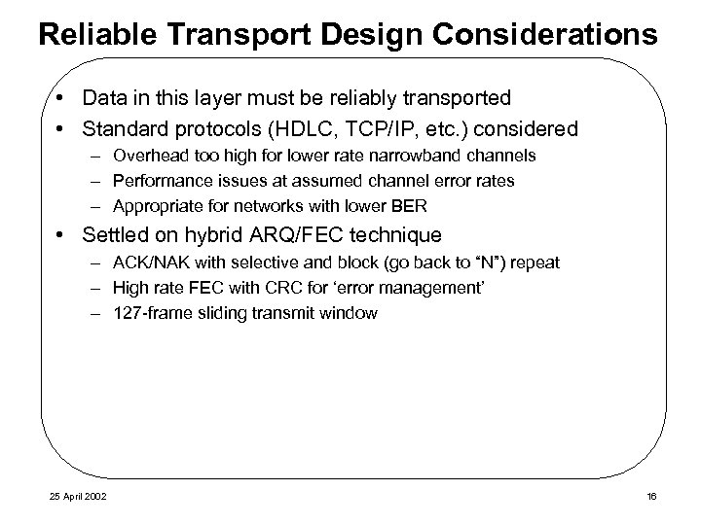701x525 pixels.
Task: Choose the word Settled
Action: pos(113,235)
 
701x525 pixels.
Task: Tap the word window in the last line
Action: pos(352,313)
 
